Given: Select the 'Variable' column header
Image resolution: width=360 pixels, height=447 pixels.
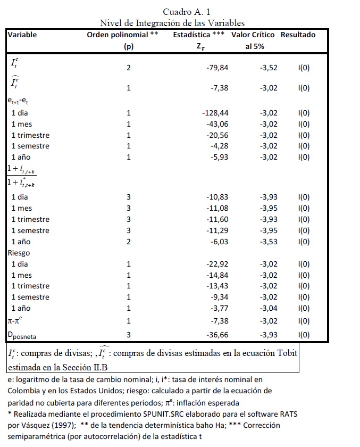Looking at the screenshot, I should coord(22,35).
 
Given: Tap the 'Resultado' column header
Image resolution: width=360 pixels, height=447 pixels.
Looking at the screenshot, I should coord(298,35).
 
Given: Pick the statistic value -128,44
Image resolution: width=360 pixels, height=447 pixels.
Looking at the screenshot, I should coord(215,113).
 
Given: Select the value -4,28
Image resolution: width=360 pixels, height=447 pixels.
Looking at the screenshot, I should coord(219,146).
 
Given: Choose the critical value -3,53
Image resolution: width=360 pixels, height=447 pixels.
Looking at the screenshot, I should coord(268,242).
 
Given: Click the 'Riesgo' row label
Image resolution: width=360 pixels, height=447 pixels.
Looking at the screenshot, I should coord(19,253).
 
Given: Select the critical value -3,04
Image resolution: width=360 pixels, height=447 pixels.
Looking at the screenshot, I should coord(268,308).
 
